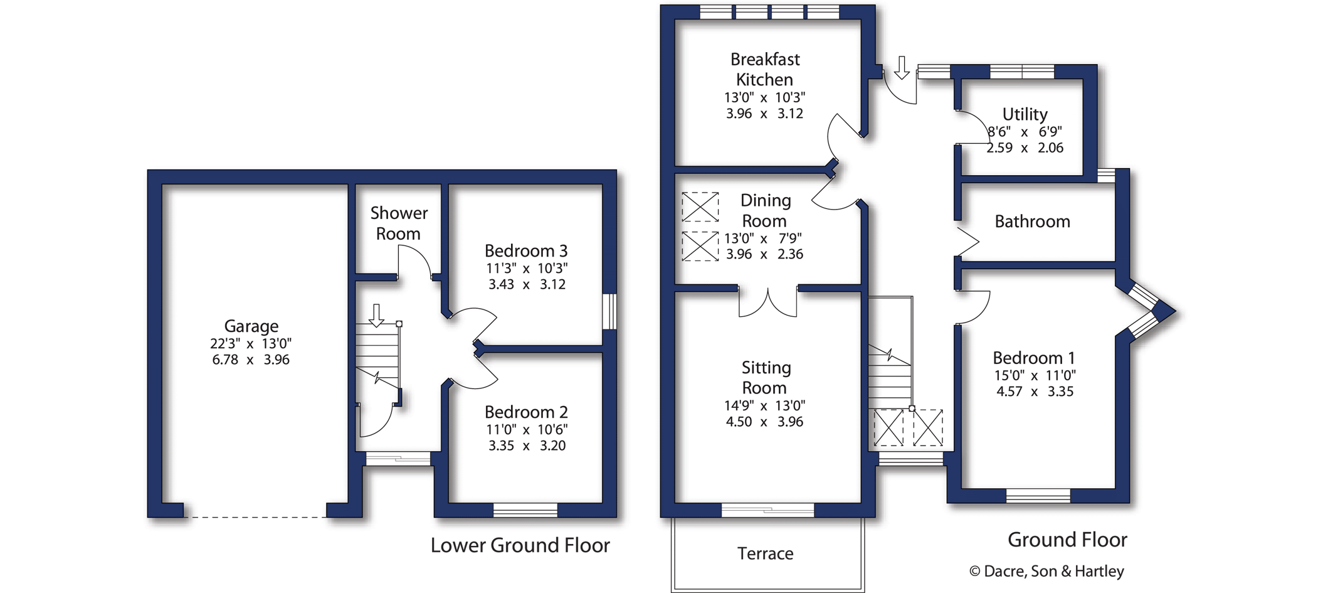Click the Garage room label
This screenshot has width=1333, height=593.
click(251, 326)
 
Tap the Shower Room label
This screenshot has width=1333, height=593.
click(399, 223)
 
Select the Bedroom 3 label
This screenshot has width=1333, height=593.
click(526, 251)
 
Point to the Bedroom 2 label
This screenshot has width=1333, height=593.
click(526, 412)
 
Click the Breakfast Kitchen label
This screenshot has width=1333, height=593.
click(765, 70)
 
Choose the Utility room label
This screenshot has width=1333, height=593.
click(1025, 115)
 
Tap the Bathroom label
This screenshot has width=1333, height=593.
click(1032, 222)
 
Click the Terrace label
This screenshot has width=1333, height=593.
click(765, 553)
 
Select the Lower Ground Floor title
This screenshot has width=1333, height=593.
click(520, 545)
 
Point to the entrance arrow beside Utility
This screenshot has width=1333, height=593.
click(902, 68)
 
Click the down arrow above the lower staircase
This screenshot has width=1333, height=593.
click(376, 316)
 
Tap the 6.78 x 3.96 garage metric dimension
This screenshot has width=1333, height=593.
click(251, 360)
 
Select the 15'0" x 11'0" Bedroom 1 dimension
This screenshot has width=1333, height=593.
click(1035, 376)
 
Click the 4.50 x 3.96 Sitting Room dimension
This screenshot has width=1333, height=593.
click(764, 422)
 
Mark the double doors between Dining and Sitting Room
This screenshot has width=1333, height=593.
click(768, 302)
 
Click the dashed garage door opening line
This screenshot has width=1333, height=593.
click(256, 518)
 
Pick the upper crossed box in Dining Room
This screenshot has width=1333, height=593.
click(700, 207)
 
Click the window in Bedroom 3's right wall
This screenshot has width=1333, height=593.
click(609, 311)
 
